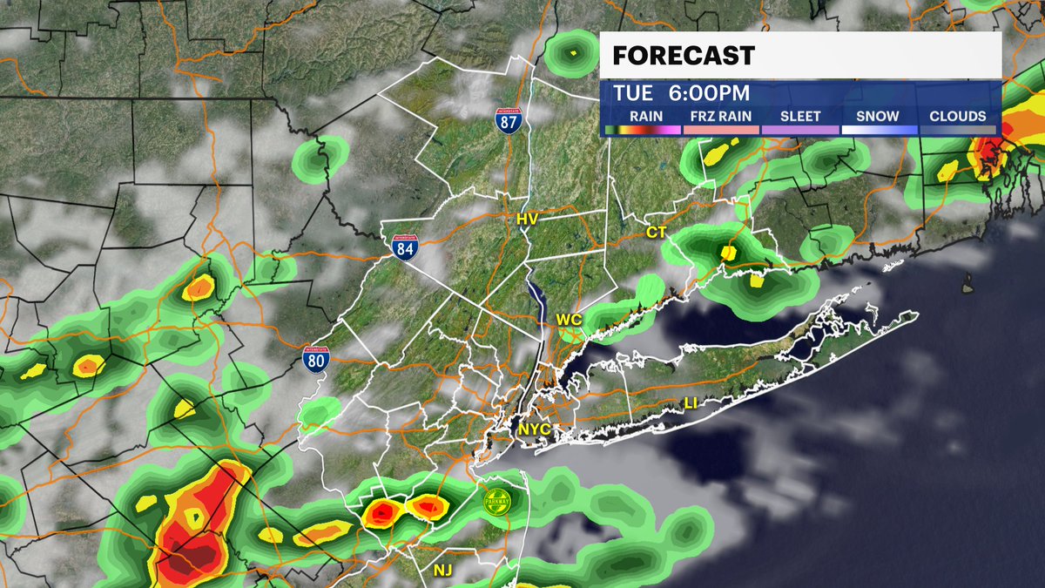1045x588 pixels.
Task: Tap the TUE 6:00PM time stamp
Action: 681,93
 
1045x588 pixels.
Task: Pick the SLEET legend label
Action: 800,116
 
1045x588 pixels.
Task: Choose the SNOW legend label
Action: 878,116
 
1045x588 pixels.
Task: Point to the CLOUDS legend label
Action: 957,116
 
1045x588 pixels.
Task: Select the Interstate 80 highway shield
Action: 317,358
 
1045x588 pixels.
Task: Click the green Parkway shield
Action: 498,502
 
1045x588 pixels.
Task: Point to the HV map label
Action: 527,220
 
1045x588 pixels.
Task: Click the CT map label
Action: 656,233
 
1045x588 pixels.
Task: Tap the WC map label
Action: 568,320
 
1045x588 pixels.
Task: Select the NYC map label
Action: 534,429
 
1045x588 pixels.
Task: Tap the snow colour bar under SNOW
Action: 878,130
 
